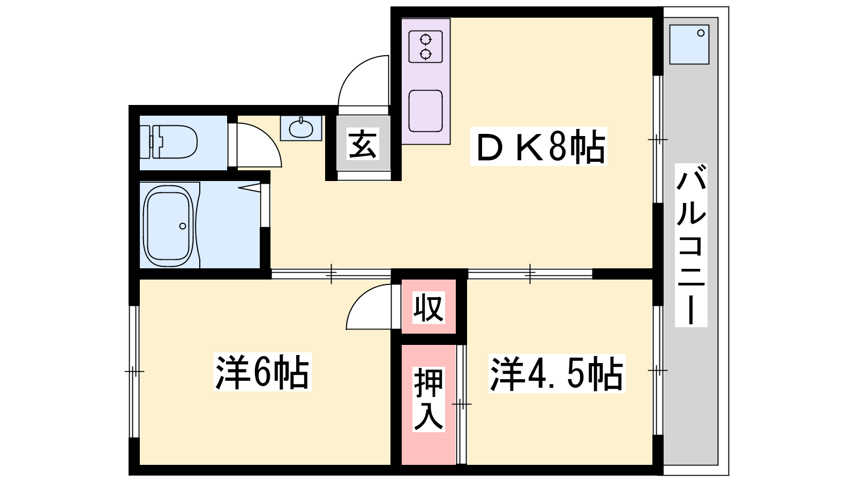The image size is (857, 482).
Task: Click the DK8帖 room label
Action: [x=538, y=147]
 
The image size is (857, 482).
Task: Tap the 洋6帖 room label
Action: [x=262, y=372]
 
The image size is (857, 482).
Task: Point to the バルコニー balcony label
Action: [x=691, y=245]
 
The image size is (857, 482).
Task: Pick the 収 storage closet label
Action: [x=428, y=307]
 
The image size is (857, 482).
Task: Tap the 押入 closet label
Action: [x=428, y=400]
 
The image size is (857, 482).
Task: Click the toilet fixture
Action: [x=169, y=141]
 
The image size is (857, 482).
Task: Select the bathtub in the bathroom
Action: [x=168, y=225]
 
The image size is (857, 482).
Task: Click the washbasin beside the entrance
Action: [x=301, y=129]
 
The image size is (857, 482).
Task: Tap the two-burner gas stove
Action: [x=425, y=46]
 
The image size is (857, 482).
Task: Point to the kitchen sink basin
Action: [x=425, y=111]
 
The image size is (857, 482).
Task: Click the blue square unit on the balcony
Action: [x=689, y=44]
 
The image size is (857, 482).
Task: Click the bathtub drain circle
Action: [x=183, y=226]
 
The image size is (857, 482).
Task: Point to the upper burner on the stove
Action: [x=425, y=39]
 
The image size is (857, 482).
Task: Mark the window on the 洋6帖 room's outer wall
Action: [x=134, y=372]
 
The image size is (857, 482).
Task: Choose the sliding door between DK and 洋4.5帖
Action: [x=530, y=274]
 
